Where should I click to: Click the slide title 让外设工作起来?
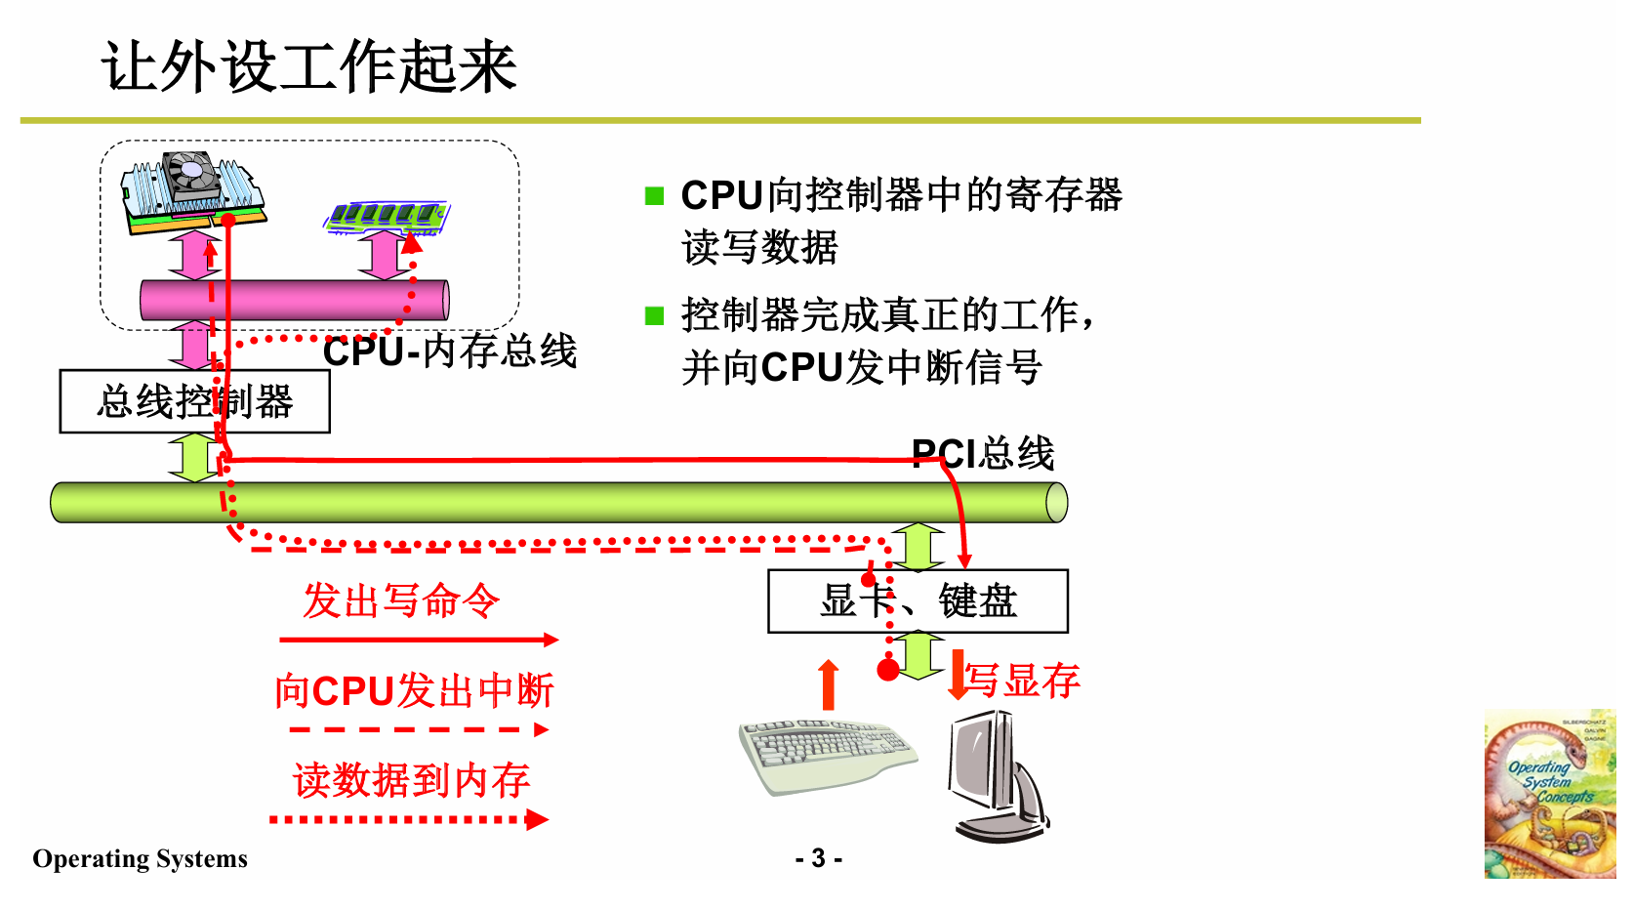pos(308,67)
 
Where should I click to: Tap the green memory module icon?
pos(387,217)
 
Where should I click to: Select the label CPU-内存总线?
pos(450,352)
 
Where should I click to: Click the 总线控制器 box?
pos(194,401)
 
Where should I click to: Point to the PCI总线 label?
pos(983,453)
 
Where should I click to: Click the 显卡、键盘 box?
pos(918,601)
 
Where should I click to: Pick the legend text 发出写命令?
pos(401,600)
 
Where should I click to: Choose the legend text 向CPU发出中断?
pos(414,691)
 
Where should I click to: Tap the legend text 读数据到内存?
pos(411,780)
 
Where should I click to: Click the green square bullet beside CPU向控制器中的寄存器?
pos(654,196)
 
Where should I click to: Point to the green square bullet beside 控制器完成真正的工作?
pos(654,315)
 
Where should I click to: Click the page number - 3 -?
pos(818,858)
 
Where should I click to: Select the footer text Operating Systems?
pos(140,858)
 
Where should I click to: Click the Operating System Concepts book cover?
pos(1549,794)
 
